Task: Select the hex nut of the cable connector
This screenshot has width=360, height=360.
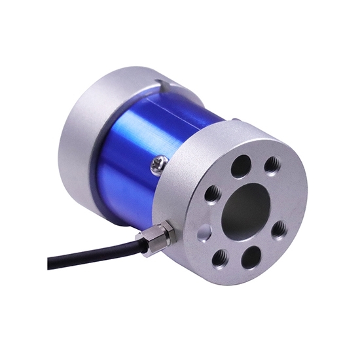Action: pyautogui.click(x=161, y=234)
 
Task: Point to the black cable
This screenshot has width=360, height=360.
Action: pyautogui.click(x=98, y=252)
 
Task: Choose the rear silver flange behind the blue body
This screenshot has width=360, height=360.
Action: pyautogui.click(x=82, y=131)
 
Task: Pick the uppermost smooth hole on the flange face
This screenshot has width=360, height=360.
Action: pyautogui.click(x=241, y=166)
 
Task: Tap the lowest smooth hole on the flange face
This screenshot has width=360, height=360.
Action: pyautogui.click(x=250, y=257)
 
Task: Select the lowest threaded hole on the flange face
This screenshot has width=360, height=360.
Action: pyautogui.click(x=221, y=257)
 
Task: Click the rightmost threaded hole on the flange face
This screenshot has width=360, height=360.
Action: pyautogui.click(x=279, y=228)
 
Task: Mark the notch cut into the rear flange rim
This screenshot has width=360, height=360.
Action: pyautogui.click(x=162, y=84)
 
